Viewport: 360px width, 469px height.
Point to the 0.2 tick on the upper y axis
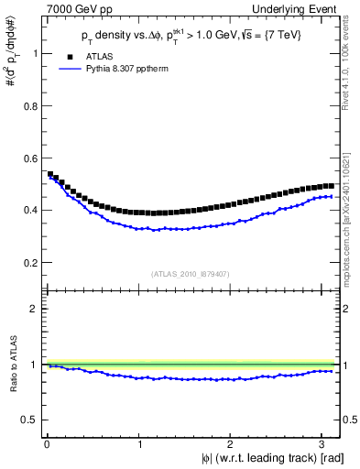pos(32,262)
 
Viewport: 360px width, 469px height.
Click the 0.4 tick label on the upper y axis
pos(32,210)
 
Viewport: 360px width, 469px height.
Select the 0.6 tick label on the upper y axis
pos(32,158)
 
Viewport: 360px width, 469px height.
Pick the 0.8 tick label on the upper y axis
pos(32,105)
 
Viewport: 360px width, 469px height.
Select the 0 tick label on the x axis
pos(47,444)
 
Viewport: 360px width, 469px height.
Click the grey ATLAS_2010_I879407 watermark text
pos(190,272)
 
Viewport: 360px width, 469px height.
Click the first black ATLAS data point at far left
pos(49,174)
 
